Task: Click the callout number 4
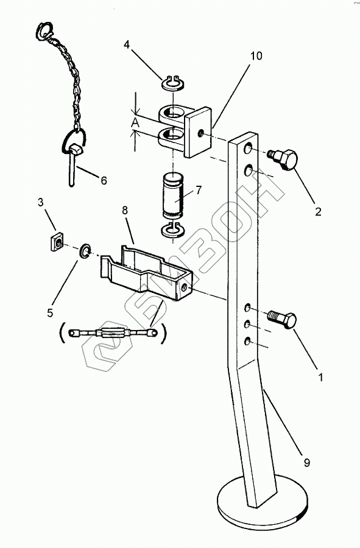(x=127, y=44)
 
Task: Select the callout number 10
(x=256, y=56)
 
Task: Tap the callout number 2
(x=318, y=211)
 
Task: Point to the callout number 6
(x=104, y=180)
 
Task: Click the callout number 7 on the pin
(x=199, y=190)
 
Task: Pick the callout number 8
(x=125, y=211)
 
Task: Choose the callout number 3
(x=41, y=202)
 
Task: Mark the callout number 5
(x=50, y=312)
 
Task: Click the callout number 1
(x=320, y=378)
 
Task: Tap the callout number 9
(x=306, y=463)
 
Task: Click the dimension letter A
(x=136, y=123)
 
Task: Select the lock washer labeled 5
(x=85, y=251)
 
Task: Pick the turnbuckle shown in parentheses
(x=113, y=334)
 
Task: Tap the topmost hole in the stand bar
(x=249, y=149)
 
